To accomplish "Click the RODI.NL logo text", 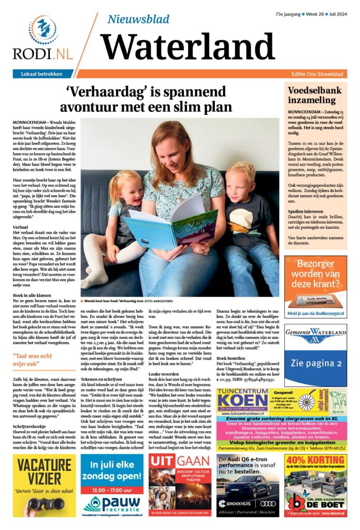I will click(43, 54).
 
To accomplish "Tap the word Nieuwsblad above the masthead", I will click(138, 19).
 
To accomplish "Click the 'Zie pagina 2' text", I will click(315, 363).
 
